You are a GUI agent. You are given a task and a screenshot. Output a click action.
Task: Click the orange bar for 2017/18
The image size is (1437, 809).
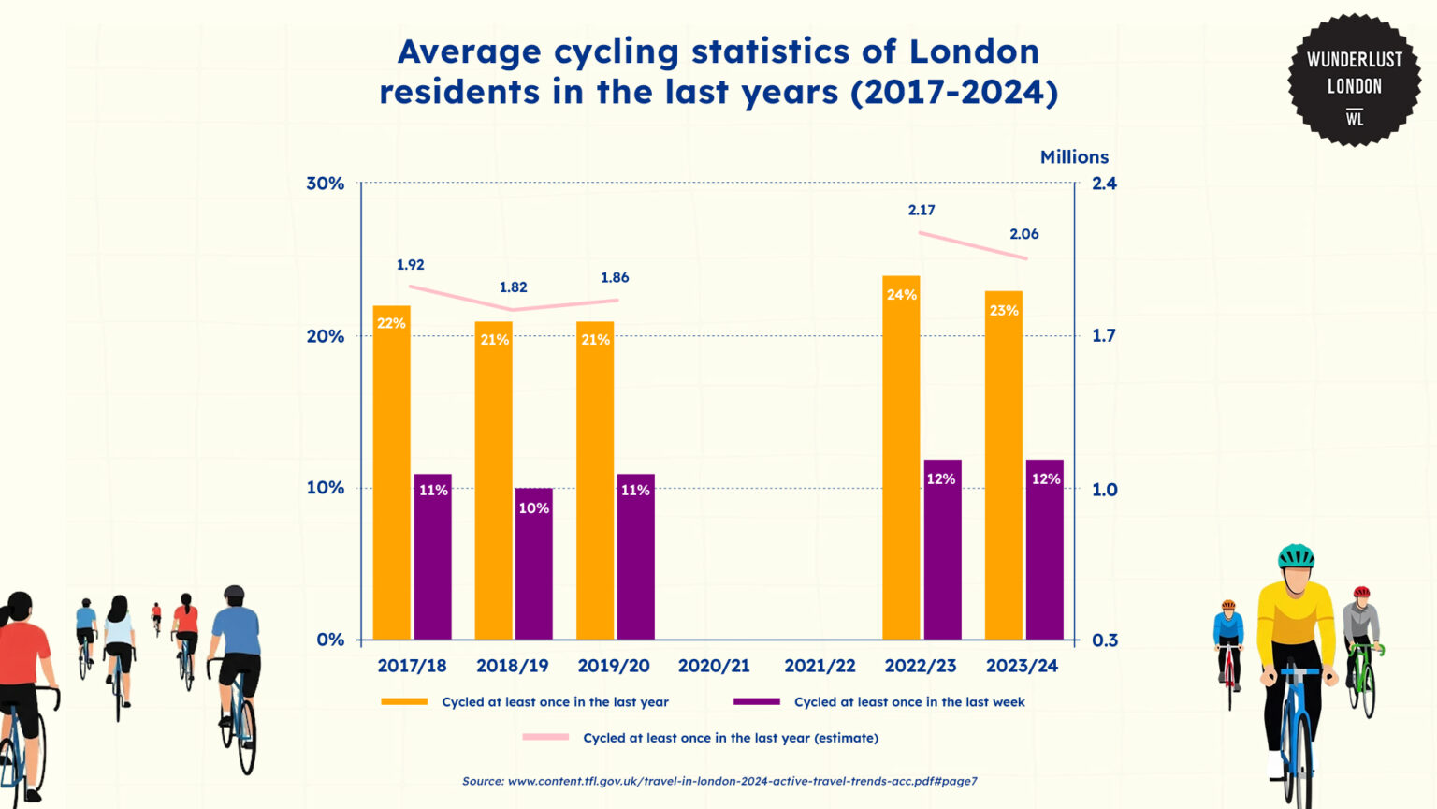coord(391,473)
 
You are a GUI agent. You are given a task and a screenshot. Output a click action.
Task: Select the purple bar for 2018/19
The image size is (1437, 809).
coord(533,564)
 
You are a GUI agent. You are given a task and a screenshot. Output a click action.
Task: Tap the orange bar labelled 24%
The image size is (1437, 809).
coord(901,459)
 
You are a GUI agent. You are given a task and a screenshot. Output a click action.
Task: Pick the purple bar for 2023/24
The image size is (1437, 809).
coord(1044,550)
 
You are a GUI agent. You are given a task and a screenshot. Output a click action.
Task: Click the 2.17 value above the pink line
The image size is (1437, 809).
coord(922,211)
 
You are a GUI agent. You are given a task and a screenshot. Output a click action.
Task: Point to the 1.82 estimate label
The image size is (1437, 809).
coord(513,287)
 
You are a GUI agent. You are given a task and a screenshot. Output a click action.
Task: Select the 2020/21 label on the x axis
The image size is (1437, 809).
coord(714,666)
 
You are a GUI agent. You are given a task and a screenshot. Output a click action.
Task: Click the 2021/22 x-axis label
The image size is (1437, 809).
coord(820,666)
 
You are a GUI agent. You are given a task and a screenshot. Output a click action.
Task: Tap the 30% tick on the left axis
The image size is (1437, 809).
coord(325,184)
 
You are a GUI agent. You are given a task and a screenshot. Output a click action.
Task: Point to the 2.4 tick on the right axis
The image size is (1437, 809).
coord(1104,184)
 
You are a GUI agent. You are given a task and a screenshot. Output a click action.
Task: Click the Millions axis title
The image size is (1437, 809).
coord(1074,157)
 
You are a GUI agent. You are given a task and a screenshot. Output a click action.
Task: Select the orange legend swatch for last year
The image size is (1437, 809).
coord(404,701)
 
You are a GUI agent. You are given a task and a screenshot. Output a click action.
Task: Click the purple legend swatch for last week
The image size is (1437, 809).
coord(756,701)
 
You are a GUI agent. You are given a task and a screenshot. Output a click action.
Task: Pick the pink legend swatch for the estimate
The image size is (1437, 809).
coord(545,737)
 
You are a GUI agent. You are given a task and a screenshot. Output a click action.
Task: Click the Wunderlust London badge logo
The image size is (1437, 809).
coord(1354,81)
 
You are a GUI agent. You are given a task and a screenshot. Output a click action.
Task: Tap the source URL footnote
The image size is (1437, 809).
coord(719,781)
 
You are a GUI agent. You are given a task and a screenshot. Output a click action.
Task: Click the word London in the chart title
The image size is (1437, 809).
coord(974,51)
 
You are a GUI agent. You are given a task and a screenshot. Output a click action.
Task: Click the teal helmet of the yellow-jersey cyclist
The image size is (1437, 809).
coord(1296,556)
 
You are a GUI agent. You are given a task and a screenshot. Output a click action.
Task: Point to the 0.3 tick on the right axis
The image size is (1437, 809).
coord(1104,640)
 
